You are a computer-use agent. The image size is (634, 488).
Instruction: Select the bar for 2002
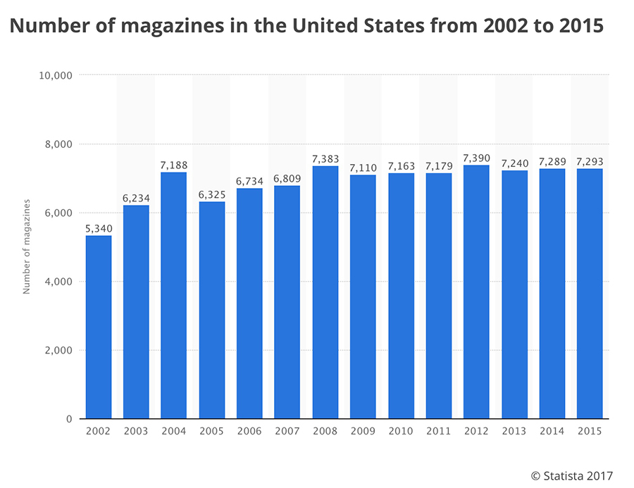[x=99, y=327]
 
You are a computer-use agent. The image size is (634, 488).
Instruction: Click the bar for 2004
[x=174, y=296]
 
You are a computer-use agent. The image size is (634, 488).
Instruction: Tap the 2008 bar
[x=325, y=292]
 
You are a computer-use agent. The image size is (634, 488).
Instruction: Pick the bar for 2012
[x=476, y=292]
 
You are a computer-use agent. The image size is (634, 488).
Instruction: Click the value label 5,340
[x=99, y=228]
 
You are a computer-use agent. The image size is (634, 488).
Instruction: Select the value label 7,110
[x=363, y=168]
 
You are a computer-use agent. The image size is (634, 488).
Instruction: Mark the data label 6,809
[x=287, y=178]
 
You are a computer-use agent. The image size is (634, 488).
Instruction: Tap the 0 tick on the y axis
[x=68, y=419]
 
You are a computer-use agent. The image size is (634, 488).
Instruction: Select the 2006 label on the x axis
[x=249, y=432]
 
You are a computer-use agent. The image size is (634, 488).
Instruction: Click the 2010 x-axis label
[x=400, y=432]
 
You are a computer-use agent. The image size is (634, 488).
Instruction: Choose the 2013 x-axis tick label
[x=514, y=432]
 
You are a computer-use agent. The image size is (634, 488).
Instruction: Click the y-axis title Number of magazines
[x=27, y=247]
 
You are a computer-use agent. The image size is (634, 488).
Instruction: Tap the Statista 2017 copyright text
[x=571, y=477]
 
